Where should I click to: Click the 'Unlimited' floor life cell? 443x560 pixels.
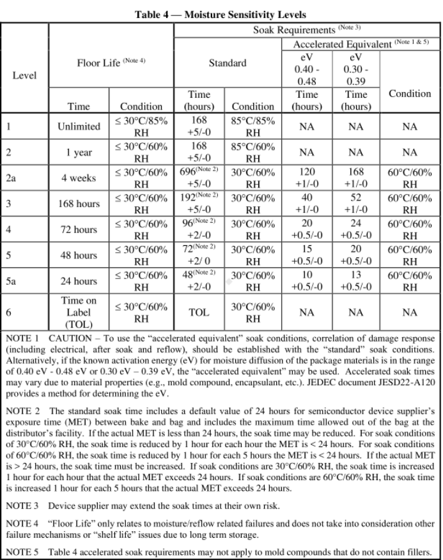pyautogui.click(x=79, y=126)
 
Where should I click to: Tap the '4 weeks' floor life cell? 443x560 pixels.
pyautogui.click(x=79, y=179)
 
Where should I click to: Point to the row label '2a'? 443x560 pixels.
pyautogui.click(x=11, y=179)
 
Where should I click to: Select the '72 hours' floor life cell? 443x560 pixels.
pyautogui.click(x=79, y=229)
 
